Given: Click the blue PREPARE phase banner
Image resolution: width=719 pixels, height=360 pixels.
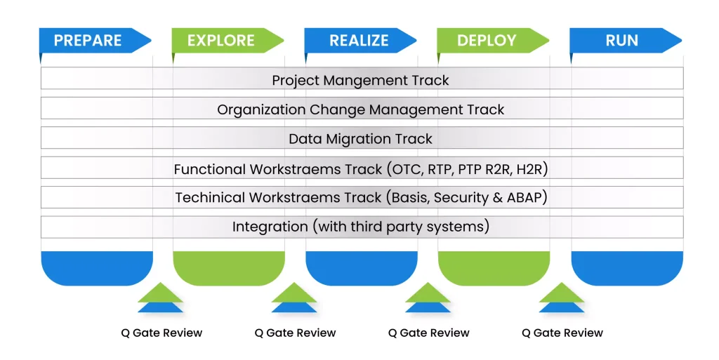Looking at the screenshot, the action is click(95, 40).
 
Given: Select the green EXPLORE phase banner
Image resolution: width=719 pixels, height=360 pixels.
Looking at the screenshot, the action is click(227, 40).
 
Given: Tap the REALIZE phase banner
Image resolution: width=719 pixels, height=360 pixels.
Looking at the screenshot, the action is click(360, 40).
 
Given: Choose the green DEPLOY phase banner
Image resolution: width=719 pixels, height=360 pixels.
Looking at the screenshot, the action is click(493, 40).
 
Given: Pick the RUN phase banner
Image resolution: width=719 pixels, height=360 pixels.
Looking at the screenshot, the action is click(626, 40).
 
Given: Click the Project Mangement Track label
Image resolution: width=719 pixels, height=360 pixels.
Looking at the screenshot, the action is click(360, 80).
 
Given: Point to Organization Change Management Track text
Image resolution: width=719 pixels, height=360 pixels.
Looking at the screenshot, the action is click(360, 110).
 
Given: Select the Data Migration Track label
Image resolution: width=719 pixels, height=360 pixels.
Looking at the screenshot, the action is click(360, 139).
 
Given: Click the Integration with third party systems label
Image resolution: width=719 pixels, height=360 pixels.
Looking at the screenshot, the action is click(361, 227).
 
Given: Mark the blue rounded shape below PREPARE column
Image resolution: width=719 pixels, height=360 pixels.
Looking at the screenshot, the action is click(97, 268).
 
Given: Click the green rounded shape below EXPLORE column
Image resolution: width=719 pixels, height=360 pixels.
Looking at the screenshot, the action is click(229, 268).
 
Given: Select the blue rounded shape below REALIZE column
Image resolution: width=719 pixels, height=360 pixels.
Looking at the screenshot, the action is click(362, 268).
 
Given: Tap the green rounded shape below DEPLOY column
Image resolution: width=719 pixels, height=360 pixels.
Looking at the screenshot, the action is click(494, 268).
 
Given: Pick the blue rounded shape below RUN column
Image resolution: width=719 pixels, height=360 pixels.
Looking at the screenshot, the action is click(627, 268).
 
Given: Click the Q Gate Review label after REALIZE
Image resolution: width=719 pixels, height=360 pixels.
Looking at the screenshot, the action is click(429, 333).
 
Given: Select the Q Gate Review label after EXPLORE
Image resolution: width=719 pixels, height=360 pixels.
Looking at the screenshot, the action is click(296, 333).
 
